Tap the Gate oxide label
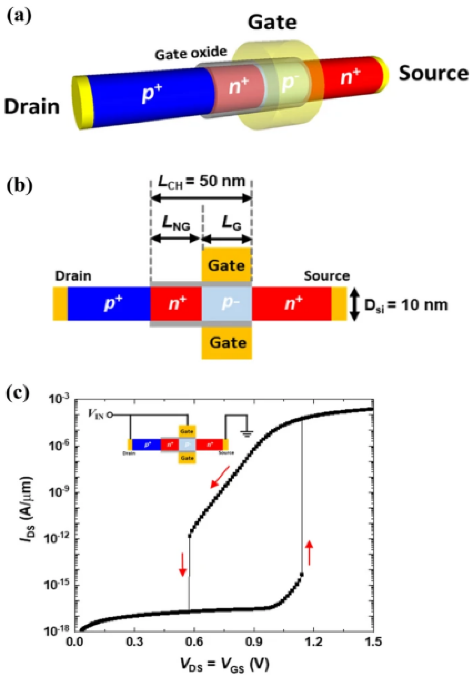point(191,54)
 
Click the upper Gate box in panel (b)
point(226,265)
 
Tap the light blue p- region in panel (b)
point(226,303)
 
